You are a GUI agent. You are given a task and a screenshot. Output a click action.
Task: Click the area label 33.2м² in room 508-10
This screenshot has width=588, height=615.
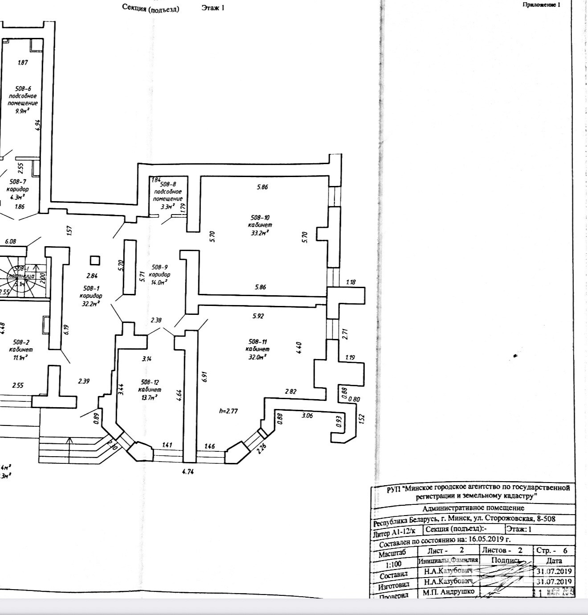tap(259, 232)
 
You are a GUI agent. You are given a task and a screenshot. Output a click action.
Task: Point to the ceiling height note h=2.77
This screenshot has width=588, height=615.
tap(228, 411)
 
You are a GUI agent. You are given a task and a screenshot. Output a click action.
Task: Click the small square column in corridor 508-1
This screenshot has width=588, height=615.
tap(94, 260)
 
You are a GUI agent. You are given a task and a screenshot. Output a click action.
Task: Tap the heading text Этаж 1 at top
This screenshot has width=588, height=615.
tap(213, 8)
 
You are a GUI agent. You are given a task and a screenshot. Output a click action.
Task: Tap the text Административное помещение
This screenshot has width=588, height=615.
tap(473, 508)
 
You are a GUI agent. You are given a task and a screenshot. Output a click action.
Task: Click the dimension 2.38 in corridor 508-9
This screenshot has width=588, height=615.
tap(156, 320)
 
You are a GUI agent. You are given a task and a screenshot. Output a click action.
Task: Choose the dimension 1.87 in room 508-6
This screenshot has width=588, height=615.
tap(23, 62)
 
